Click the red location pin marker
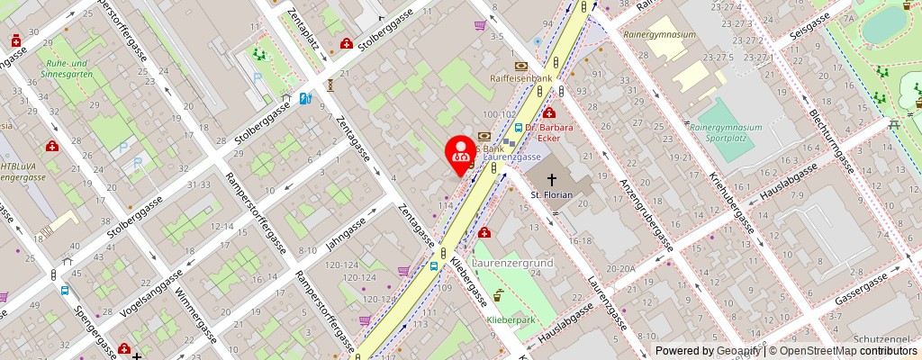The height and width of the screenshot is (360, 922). click(462, 150)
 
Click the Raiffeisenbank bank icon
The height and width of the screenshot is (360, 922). click(520, 66)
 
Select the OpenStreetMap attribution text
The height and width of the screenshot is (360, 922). click(831, 351)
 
